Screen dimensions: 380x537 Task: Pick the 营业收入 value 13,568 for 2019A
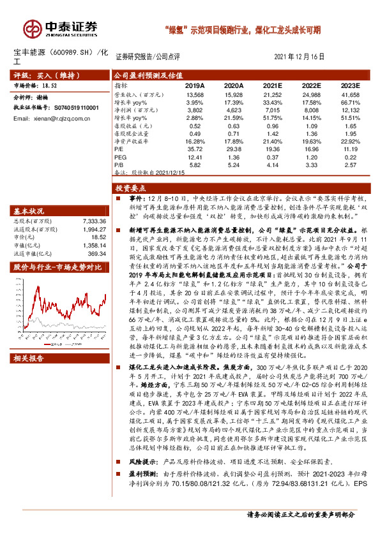point(195,94)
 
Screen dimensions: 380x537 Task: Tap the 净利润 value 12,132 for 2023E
point(349,110)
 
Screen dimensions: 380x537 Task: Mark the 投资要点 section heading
point(130,189)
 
